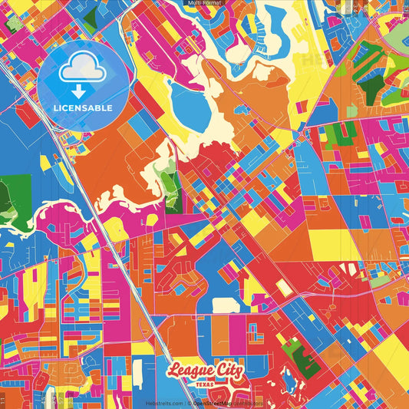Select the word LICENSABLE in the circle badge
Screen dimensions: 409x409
(82, 108)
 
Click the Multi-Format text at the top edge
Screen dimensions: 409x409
(204, 3)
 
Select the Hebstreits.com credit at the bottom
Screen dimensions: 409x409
(163, 403)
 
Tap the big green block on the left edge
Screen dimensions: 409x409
(15, 196)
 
